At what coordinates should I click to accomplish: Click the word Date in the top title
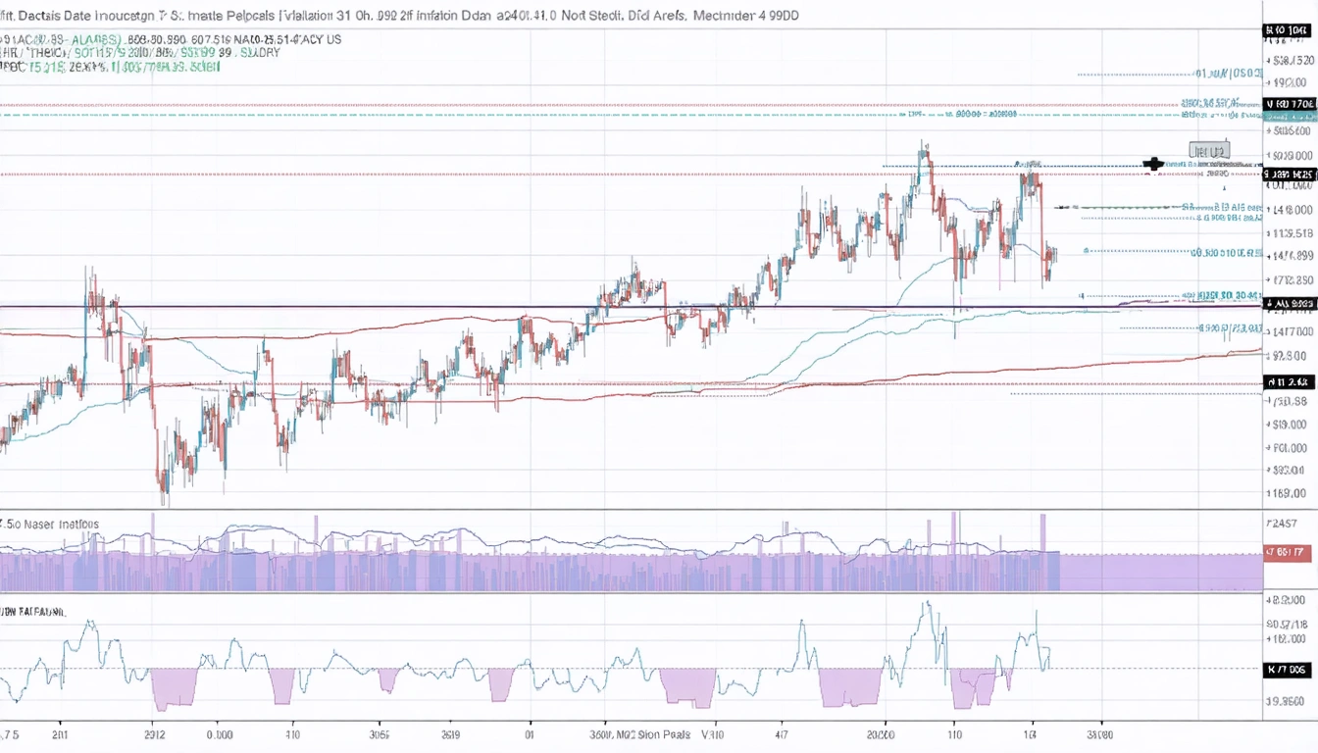tap(82, 16)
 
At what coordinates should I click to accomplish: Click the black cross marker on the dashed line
tap(1153, 164)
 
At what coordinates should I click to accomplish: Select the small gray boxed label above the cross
tap(1208, 151)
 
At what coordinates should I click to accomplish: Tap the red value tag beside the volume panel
tap(1289, 553)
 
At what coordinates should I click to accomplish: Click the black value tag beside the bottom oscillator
tap(1289, 670)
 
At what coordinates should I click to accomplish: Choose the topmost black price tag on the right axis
tap(1288, 31)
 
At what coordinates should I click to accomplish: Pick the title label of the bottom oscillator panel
tap(33, 611)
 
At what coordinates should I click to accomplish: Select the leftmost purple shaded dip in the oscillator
tap(175, 688)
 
